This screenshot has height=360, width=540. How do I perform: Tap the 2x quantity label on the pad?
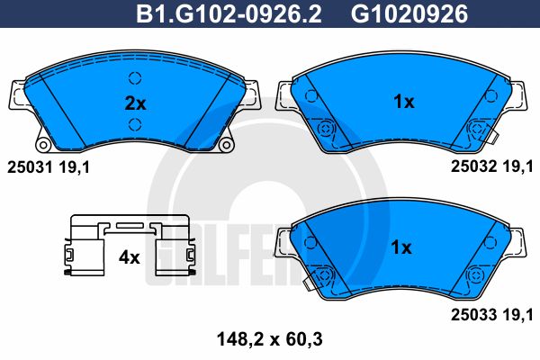(134, 103)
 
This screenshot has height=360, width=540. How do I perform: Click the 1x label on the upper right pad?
(402, 102)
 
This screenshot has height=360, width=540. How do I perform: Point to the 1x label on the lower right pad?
(402, 246)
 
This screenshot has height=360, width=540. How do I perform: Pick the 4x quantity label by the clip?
(130, 256)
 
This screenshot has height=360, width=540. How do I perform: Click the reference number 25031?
(27, 166)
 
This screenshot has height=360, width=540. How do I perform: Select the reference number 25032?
(472, 166)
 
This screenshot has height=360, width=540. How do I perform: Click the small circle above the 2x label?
(135, 77)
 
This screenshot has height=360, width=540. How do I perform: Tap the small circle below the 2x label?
(135, 124)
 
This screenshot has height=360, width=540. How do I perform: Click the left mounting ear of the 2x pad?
(16, 94)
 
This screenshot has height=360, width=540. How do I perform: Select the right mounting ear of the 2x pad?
(253, 94)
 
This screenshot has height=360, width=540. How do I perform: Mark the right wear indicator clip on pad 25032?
(474, 131)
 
